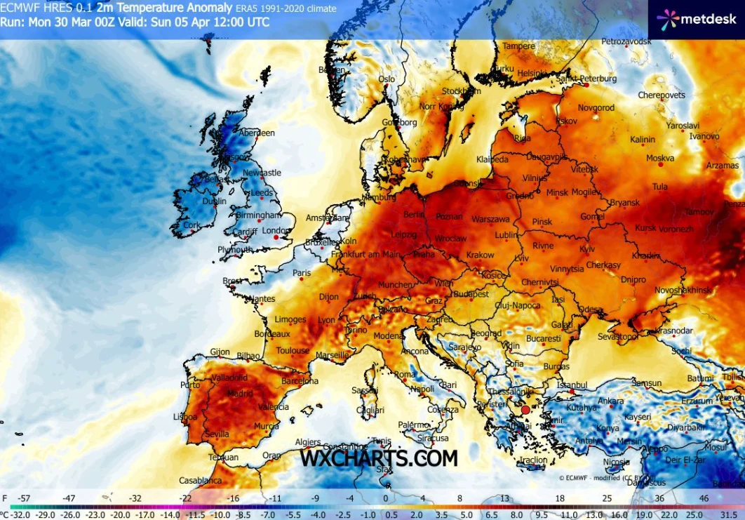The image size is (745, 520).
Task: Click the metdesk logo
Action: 696,19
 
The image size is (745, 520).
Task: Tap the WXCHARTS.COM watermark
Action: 379,458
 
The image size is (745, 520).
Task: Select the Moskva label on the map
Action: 659,158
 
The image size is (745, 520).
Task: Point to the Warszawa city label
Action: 490,219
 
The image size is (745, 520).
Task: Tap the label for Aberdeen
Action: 256,133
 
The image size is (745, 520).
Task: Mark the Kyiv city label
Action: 587,249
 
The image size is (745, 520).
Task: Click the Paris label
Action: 301,273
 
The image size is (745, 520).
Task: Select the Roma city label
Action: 405,375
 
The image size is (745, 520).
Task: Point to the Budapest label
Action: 471,295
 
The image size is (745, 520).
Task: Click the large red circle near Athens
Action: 525,410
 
